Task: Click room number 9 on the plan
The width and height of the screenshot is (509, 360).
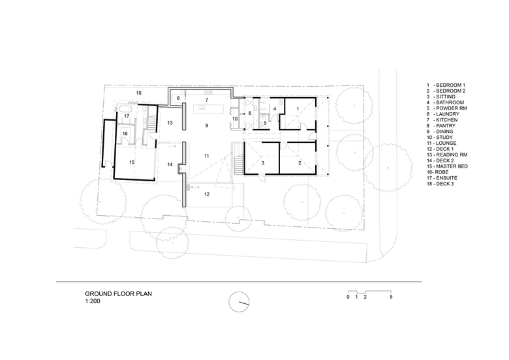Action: pos(207,125)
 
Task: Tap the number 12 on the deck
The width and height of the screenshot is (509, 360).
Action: pos(207,194)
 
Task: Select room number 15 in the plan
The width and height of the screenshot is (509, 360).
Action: pos(132,162)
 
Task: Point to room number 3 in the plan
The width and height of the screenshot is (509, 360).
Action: pos(263,163)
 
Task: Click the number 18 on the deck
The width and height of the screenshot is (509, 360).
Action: pos(138,93)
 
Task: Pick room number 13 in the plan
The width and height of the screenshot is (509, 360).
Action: pos(170,123)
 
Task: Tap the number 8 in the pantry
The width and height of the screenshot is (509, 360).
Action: pos(178,98)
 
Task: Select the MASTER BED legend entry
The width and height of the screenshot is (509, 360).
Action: pos(447,166)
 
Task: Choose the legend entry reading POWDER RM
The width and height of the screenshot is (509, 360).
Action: pos(446,108)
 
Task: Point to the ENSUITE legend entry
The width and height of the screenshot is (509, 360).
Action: pos(442,178)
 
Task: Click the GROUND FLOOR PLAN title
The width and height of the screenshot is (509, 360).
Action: pos(119,294)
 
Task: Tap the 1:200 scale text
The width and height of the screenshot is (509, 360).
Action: pos(93,301)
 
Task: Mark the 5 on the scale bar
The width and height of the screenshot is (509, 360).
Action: pos(391,297)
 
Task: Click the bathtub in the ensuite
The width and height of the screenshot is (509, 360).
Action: pos(125,108)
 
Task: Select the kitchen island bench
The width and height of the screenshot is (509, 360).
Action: pos(209,109)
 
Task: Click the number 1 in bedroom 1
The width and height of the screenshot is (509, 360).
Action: pos(298,109)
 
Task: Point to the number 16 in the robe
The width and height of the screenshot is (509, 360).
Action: pos(125,134)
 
